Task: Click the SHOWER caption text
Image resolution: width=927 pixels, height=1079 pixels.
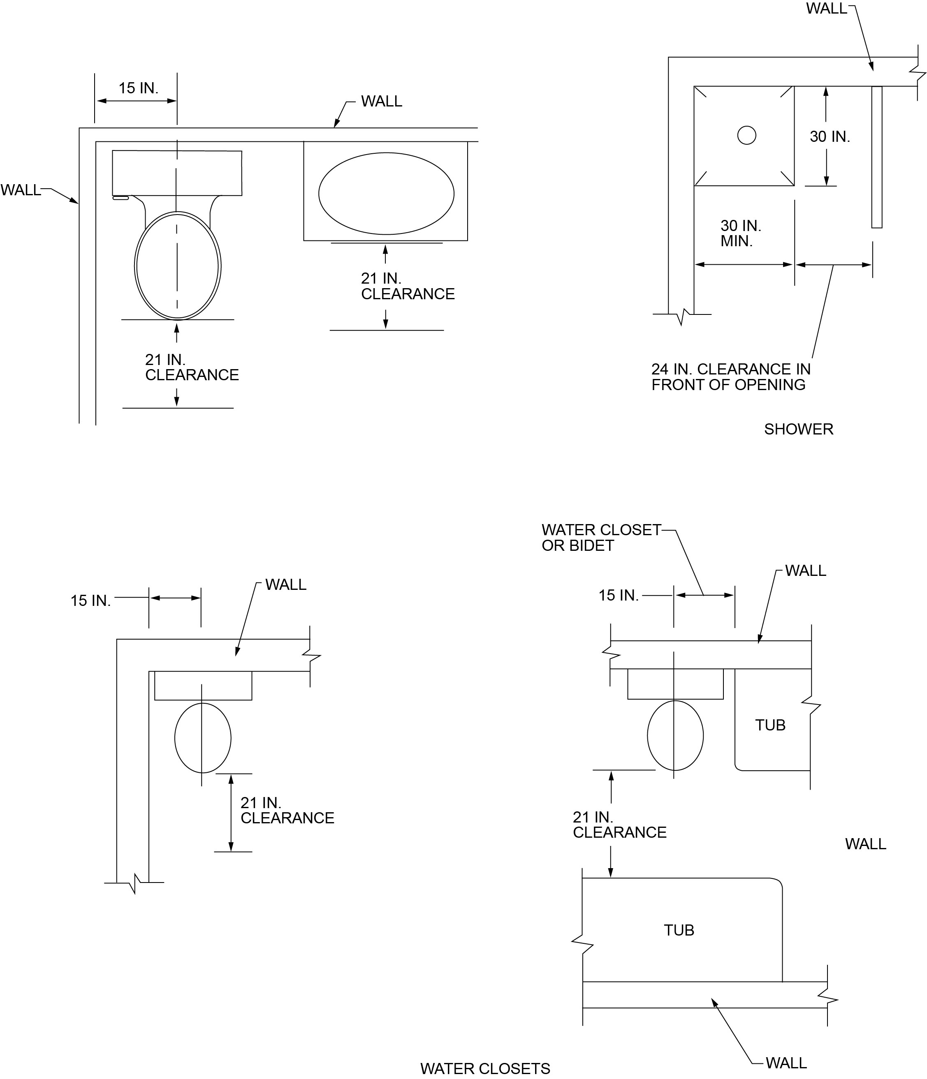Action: pyautogui.click(x=798, y=429)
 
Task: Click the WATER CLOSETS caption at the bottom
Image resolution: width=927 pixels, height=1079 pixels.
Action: pyautogui.click(x=485, y=1069)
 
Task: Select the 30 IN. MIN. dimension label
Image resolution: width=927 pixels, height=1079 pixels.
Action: pyautogui.click(x=740, y=233)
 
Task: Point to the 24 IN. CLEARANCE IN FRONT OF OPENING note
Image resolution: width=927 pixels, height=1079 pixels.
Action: pyautogui.click(x=730, y=377)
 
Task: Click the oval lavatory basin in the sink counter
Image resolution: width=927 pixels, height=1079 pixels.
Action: pyautogui.click(x=386, y=194)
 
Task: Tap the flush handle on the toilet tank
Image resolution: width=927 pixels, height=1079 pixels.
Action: pyautogui.click(x=121, y=198)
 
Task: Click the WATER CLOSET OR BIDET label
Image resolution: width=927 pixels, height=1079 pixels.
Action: pyautogui.click(x=601, y=537)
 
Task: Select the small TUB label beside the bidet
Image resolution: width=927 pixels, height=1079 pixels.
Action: pyautogui.click(x=770, y=725)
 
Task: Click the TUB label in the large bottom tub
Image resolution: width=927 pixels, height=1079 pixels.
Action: pyautogui.click(x=679, y=930)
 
